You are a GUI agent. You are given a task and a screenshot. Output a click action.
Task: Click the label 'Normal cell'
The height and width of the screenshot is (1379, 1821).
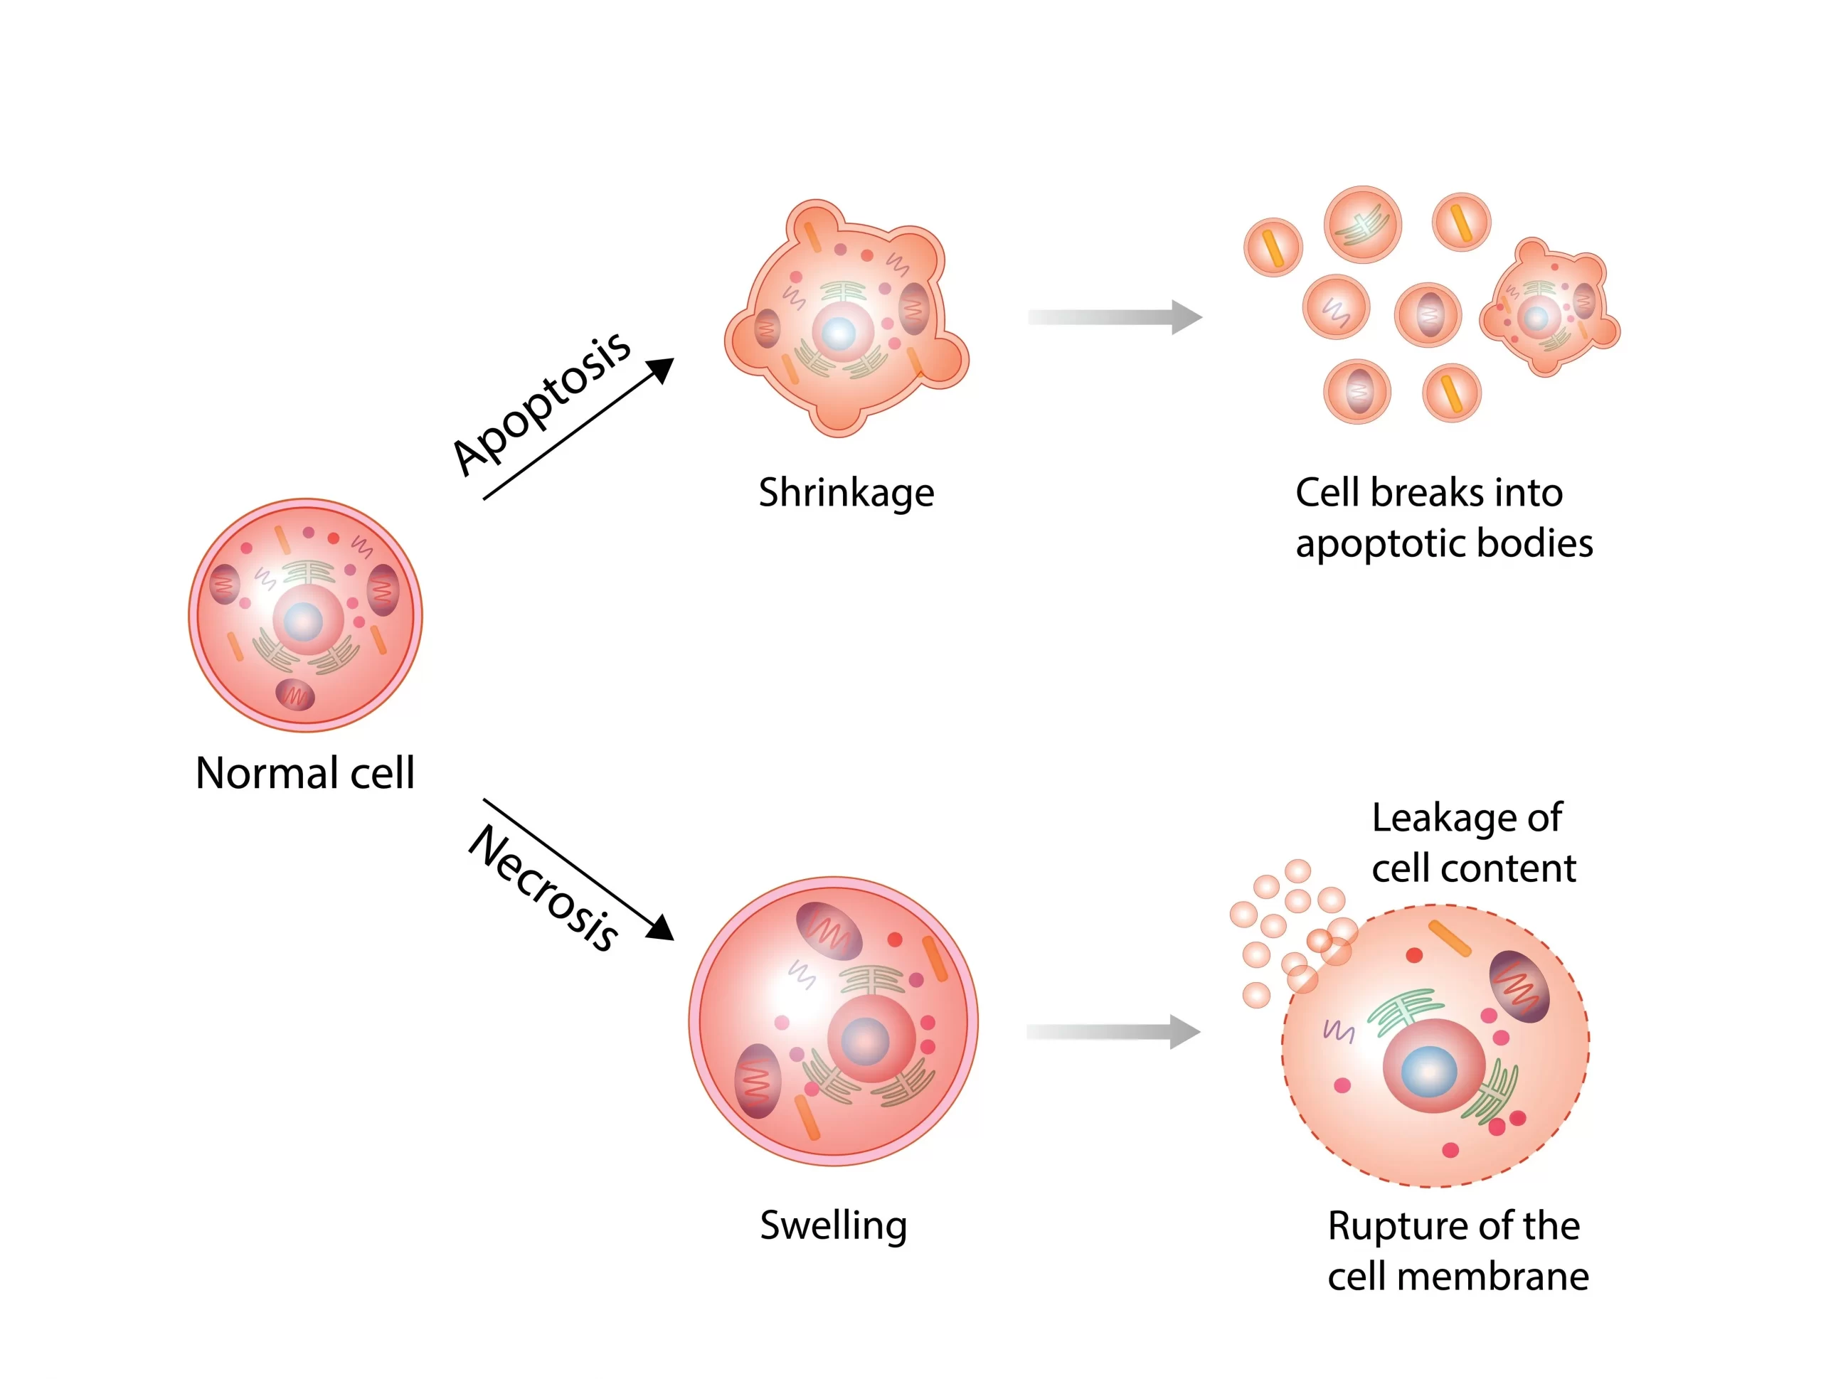tap(304, 773)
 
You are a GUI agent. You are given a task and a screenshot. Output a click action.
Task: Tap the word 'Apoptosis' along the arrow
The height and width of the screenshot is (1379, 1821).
tap(541, 403)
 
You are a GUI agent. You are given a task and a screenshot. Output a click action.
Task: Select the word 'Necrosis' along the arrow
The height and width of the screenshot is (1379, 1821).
tap(543, 888)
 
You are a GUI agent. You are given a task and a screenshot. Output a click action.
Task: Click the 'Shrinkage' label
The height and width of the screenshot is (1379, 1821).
tap(846, 493)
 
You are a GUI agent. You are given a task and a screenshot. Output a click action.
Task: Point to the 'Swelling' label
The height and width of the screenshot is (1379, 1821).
tap(833, 1225)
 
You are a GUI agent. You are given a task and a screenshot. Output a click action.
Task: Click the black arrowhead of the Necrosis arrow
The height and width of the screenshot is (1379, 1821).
tap(661, 928)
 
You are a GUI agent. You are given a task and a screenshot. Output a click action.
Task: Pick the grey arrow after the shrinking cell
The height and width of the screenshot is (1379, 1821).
tap(1115, 317)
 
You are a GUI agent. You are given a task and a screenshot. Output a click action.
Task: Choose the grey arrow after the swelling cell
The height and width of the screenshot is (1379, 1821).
tap(1113, 1031)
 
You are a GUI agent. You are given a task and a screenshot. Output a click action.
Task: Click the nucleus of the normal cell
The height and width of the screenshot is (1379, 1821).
tap(304, 621)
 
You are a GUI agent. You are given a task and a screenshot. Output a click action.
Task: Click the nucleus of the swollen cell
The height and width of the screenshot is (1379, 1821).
tap(865, 1040)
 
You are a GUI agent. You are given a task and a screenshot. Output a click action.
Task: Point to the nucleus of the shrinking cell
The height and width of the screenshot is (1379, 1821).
tap(839, 334)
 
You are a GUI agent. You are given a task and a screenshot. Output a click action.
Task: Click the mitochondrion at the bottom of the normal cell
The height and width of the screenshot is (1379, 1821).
tap(294, 695)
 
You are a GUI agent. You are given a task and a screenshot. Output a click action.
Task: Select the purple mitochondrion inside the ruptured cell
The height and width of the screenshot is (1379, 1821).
tap(1519, 986)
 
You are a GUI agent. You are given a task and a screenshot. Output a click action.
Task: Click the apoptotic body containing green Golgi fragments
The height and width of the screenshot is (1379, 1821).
tap(1362, 224)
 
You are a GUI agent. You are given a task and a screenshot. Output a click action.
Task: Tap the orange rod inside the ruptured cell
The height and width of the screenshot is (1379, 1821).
tap(1449, 939)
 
